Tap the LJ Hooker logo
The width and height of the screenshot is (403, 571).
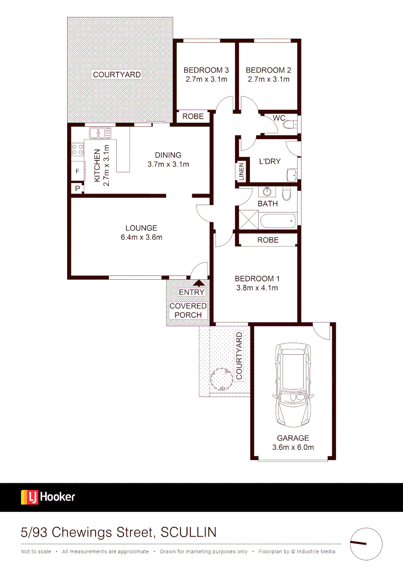coord(48,497)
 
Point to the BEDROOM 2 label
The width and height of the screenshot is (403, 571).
coord(268,70)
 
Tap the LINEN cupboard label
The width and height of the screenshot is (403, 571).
coord(241,172)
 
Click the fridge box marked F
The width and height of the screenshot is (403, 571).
coord(77,171)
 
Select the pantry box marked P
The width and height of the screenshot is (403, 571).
coord(77,188)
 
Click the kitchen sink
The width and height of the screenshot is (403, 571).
coord(100,133)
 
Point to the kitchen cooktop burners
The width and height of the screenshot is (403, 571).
coord(78,150)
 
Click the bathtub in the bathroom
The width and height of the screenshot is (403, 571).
coord(278,220)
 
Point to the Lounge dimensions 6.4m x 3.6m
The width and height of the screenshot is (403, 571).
coord(142,237)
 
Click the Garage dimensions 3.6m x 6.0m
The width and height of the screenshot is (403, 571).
coord(293,447)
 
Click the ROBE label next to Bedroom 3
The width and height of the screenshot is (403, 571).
coord(193,116)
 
